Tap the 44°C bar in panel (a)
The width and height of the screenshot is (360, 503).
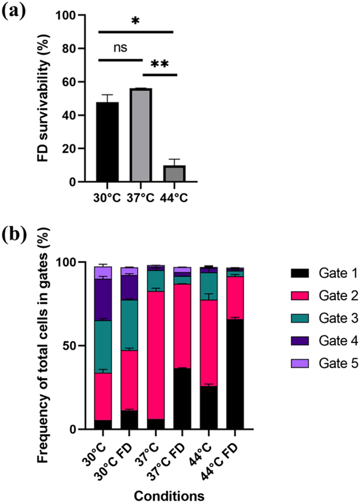coord(173,173)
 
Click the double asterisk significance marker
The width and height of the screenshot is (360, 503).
coord(160,64)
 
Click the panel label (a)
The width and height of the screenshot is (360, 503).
coord(16,11)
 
